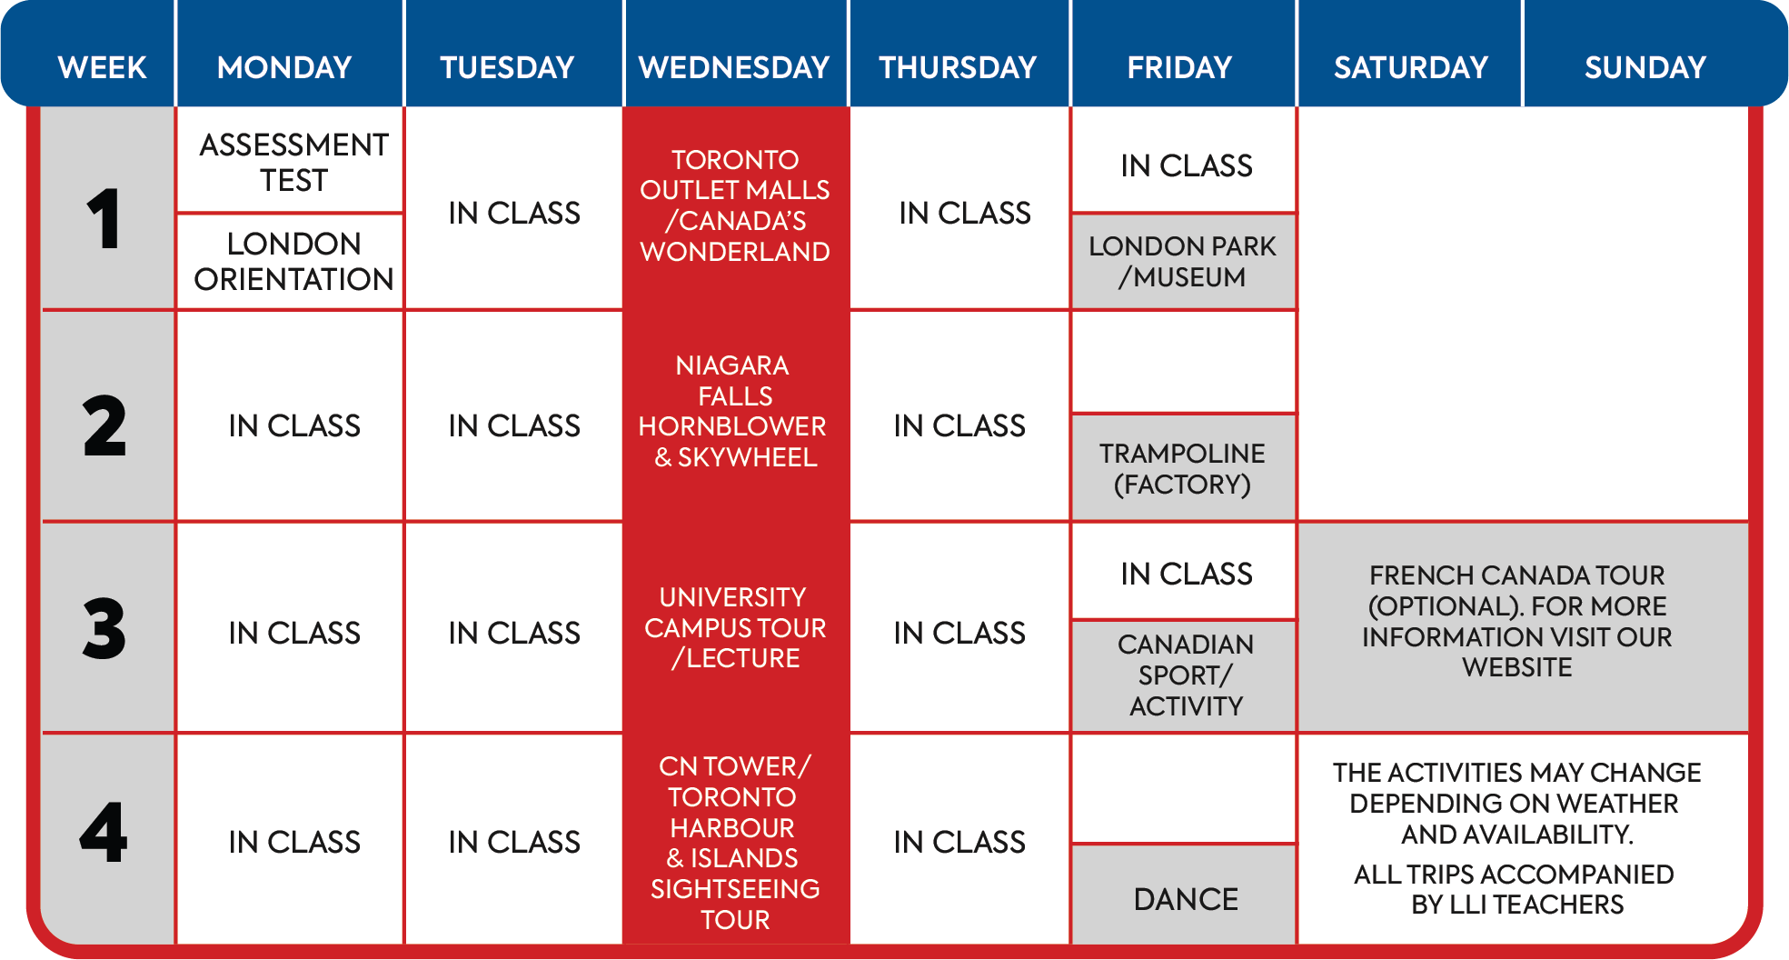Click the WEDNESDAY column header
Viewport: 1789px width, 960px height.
click(734, 67)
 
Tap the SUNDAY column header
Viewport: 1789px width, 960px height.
click(1645, 67)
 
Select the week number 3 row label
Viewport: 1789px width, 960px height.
click(104, 628)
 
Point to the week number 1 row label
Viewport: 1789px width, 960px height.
click(104, 218)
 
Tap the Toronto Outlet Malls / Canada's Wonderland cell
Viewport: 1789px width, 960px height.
click(736, 206)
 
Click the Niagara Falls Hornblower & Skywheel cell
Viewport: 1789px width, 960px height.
click(736, 412)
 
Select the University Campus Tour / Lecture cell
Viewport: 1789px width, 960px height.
click(736, 627)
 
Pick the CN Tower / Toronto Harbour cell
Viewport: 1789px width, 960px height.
click(736, 842)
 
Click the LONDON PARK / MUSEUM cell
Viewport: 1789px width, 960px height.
click(1184, 262)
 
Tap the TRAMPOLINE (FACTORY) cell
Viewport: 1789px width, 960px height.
click(1184, 468)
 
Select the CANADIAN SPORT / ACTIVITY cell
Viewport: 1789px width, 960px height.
click(1184, 675)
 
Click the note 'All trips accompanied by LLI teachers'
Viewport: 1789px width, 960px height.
click(1515, 889)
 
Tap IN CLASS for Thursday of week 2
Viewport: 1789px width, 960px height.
click(959, 425)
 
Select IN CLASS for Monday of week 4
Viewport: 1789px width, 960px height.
click(294, 842)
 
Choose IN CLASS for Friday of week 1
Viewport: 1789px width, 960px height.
click(1187, 165)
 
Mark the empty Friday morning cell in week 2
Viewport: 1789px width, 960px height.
click(1184, 362)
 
